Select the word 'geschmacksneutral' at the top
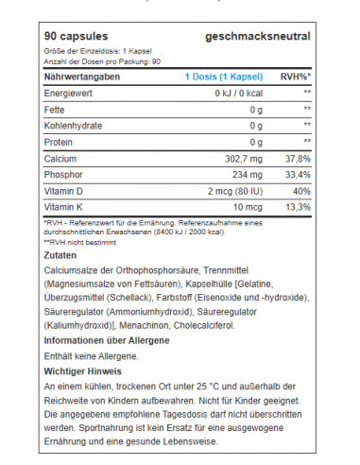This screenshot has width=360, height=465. coord(257,35)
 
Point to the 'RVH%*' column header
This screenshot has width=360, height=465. coord(296,77)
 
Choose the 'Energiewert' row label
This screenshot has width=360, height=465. coord(69,94)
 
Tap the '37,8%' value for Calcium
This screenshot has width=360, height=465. coord(298,160)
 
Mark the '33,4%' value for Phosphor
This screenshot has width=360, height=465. coord(298,176)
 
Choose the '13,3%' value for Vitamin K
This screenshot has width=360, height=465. coord(298,208)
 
